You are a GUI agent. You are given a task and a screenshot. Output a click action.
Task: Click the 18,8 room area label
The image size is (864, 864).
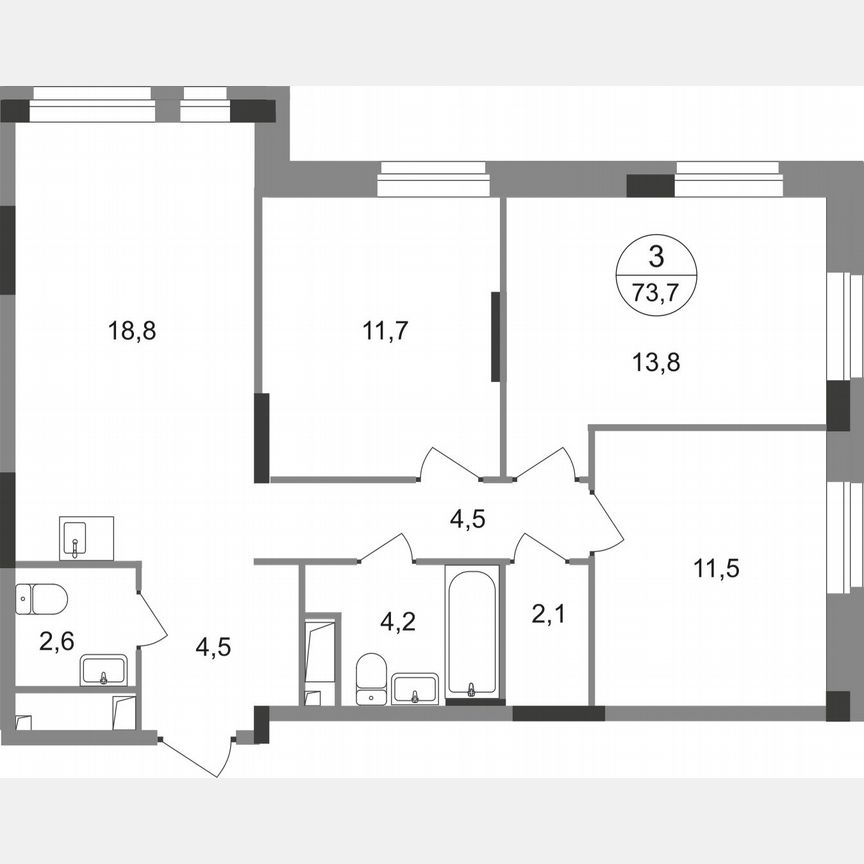[x=133, y=330]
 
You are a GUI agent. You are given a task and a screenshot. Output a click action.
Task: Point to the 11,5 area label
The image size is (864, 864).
[x=716, y=570]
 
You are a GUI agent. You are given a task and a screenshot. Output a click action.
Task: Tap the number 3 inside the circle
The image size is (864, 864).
[x=656, y=258]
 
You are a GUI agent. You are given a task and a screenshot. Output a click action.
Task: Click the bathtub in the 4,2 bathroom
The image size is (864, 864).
[x=472, y=631]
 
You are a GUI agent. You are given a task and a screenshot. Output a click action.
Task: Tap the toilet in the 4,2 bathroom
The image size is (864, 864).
[x=371, y=677]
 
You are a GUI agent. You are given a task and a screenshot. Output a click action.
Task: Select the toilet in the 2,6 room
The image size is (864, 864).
[x=42, y=599]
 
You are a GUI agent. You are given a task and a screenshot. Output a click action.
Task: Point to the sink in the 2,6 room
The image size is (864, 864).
[x=104, y=669]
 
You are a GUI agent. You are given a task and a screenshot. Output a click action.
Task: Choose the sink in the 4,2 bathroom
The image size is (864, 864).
[x=415, y=687]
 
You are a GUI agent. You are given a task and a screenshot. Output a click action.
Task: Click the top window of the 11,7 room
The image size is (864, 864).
[x=433, y=183]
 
